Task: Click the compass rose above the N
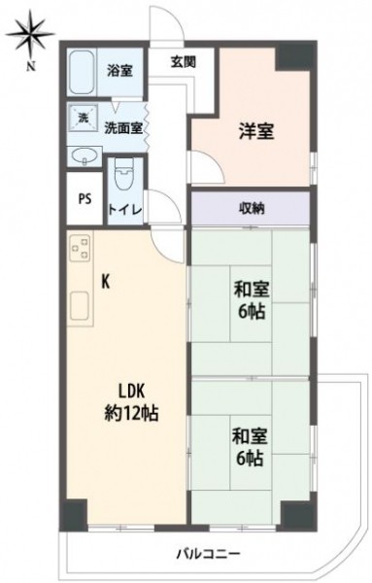[x=31, y=35]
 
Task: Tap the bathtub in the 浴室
[x=83, y=73]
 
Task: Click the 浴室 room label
[x=119, y=71]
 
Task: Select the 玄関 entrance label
[x=184, y=62]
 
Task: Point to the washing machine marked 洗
[x=83, y=118]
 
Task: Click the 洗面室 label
[x=123, y=128]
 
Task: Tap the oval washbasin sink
[x=85, y=155]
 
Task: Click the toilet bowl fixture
[x=124, y=174]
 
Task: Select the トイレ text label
[x=125, y=210]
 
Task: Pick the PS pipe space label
[x=85, y=199]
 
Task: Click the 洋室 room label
[x=256, y=131]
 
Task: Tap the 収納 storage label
[x=252, y=209]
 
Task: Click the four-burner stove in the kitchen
[x=81, y=248]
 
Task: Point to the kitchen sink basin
[x=79, y=306]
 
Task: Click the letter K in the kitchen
[x=106, y=283]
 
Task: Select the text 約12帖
[x=131, y=413]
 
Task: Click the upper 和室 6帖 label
[x=252, y=300]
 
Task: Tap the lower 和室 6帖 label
[x=251, y=447]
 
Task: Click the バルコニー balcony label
[x=208, y=555]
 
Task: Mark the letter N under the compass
[x=31, y=67]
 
